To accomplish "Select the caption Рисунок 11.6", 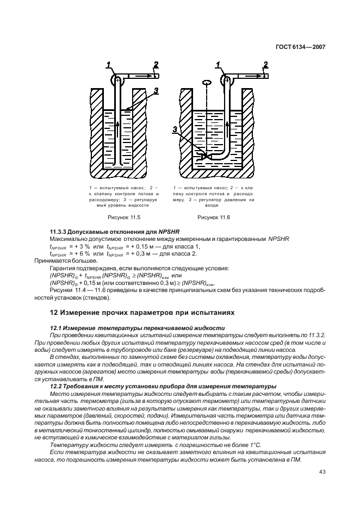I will tap(214, 217).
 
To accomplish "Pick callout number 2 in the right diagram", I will tap(265, 65).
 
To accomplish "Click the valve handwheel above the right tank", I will tap(206, 83).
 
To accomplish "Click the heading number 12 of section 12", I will tap(54, 313).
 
